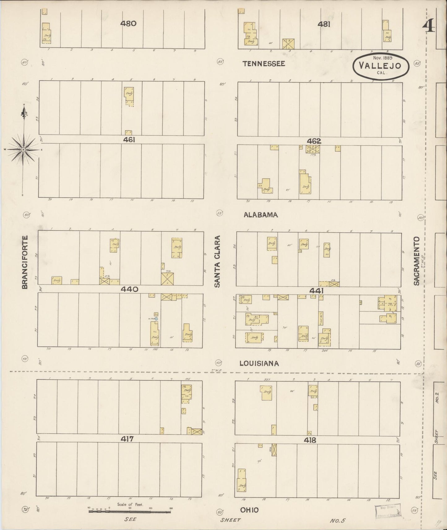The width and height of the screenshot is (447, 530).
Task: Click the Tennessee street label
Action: [x=264, y=64]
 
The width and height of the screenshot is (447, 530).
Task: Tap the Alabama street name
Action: [x=260, y=215]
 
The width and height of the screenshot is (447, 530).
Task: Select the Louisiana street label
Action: [x=259, y=364]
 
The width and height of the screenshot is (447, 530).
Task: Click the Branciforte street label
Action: [x=25, y=262]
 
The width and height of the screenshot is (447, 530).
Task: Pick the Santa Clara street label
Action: [x=217, y=262]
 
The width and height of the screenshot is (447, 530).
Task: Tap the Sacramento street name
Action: [x=416, y=261]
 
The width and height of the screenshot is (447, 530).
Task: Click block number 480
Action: [x=128, y=24]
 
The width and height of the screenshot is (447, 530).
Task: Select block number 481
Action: [x=324, y=24]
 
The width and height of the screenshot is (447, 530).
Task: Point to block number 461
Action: [x=129, y=140]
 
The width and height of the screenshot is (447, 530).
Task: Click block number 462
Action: [x=314, y=141]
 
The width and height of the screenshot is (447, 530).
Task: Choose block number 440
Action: [x=130, y=289]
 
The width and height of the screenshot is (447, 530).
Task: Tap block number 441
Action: [x=316, y=291]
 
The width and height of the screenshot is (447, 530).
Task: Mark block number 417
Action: [x=127, y=438]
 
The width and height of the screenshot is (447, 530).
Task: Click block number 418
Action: [x=310, y=440]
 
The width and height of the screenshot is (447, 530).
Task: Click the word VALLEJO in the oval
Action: [x=380, y=66]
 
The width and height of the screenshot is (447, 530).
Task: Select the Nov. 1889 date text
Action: [x=382, y=58]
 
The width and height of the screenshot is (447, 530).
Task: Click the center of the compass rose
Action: [x=23, y=150]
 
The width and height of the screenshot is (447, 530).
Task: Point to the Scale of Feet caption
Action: [x=130, y=504]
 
